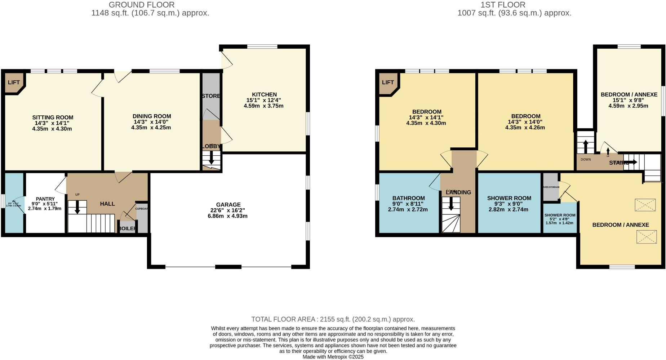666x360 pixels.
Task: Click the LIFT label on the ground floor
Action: (14, 83)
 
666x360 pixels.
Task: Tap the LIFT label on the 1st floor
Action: (388, 83)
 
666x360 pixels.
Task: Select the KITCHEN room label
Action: (264, 94)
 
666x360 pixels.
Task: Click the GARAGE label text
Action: (228, 205)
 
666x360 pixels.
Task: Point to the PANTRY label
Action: (45, 199)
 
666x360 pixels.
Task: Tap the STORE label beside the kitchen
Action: (211, 96)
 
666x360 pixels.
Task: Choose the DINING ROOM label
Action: (152, 116)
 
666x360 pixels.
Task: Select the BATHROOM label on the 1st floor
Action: (408, 198)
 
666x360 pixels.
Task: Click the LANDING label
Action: (458, 192)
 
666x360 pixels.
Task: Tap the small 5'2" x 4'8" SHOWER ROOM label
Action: (560, 215)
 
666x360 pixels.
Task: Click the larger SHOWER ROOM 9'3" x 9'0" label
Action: (509, 198)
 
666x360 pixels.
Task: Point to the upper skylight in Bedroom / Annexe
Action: (645, 205)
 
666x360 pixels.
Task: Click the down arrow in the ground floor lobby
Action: (211, 159)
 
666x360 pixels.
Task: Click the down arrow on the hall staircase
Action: (77, 208)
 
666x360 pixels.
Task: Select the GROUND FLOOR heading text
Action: (142, 5)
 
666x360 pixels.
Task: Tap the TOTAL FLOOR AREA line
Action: (333, 319)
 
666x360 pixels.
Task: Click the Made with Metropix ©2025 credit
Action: (333, 357)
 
